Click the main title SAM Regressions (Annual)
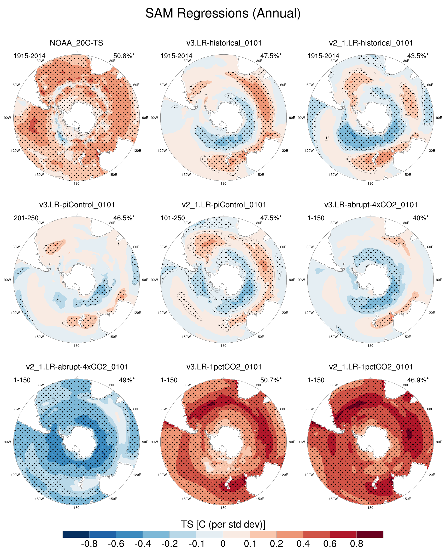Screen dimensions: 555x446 223,13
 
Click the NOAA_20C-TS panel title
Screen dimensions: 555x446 76,43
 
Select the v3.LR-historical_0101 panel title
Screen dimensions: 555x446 224,43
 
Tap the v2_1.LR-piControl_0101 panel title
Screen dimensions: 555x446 224,205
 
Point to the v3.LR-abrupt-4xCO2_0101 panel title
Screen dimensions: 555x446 371,205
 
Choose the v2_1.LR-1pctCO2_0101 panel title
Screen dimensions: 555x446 371,367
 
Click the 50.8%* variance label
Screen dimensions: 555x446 124,56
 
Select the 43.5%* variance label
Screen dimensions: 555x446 418,56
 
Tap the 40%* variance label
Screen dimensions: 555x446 420,218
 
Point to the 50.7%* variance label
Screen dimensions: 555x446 271,380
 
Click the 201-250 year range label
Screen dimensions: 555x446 26,218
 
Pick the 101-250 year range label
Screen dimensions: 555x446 173,218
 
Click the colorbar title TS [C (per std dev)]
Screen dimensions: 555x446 223,524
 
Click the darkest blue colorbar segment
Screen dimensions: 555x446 76,534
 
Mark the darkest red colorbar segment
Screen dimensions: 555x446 370,534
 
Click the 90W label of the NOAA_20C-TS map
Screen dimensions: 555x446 7,118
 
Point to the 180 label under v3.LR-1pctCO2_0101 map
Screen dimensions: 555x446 223,508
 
